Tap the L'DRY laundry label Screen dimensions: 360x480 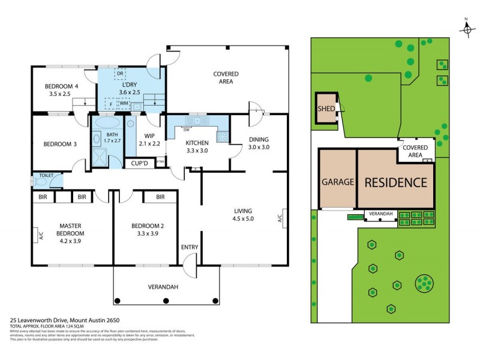(129, 85)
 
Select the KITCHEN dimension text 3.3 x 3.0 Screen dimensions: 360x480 (197, 151)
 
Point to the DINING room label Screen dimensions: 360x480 (259, 139)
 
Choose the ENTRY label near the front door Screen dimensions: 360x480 (190, 247)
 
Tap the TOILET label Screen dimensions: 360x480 (47, 176)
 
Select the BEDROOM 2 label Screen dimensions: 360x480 (147, 226)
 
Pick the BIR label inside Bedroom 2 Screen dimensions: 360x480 (160, 197)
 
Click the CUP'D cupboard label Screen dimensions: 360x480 (139, 163)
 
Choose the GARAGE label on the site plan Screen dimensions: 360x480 (337, 182)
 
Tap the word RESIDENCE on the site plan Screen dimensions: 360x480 (395, 182)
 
